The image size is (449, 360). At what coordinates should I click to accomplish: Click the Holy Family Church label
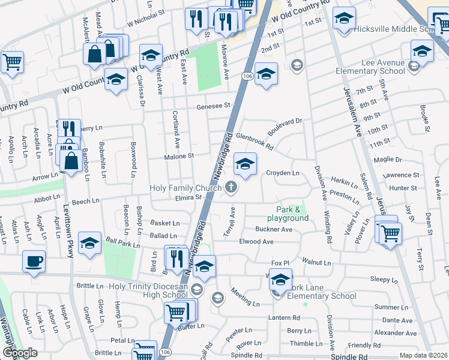[185, 188]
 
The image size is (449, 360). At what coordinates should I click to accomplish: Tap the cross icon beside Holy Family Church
[231, 188]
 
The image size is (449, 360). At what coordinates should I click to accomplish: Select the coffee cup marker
[34, 262]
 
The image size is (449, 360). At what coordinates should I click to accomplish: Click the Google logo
[20, 353]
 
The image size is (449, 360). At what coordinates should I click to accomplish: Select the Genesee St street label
[214, 106]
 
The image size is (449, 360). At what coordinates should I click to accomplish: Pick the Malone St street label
[179, 156]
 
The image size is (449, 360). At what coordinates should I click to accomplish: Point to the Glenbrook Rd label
[255, 140]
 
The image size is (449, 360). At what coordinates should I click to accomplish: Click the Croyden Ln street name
[283, 173]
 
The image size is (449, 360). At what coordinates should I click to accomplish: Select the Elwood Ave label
[256, 242]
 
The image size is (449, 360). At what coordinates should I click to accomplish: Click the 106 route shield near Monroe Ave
[247, 76]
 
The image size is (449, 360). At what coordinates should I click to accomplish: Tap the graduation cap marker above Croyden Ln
[245, 164]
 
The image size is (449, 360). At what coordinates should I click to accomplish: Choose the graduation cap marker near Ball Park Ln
[89, 242]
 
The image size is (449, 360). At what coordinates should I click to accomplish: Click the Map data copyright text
[423, 355]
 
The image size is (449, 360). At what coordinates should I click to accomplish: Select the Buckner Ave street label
[274, 229]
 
